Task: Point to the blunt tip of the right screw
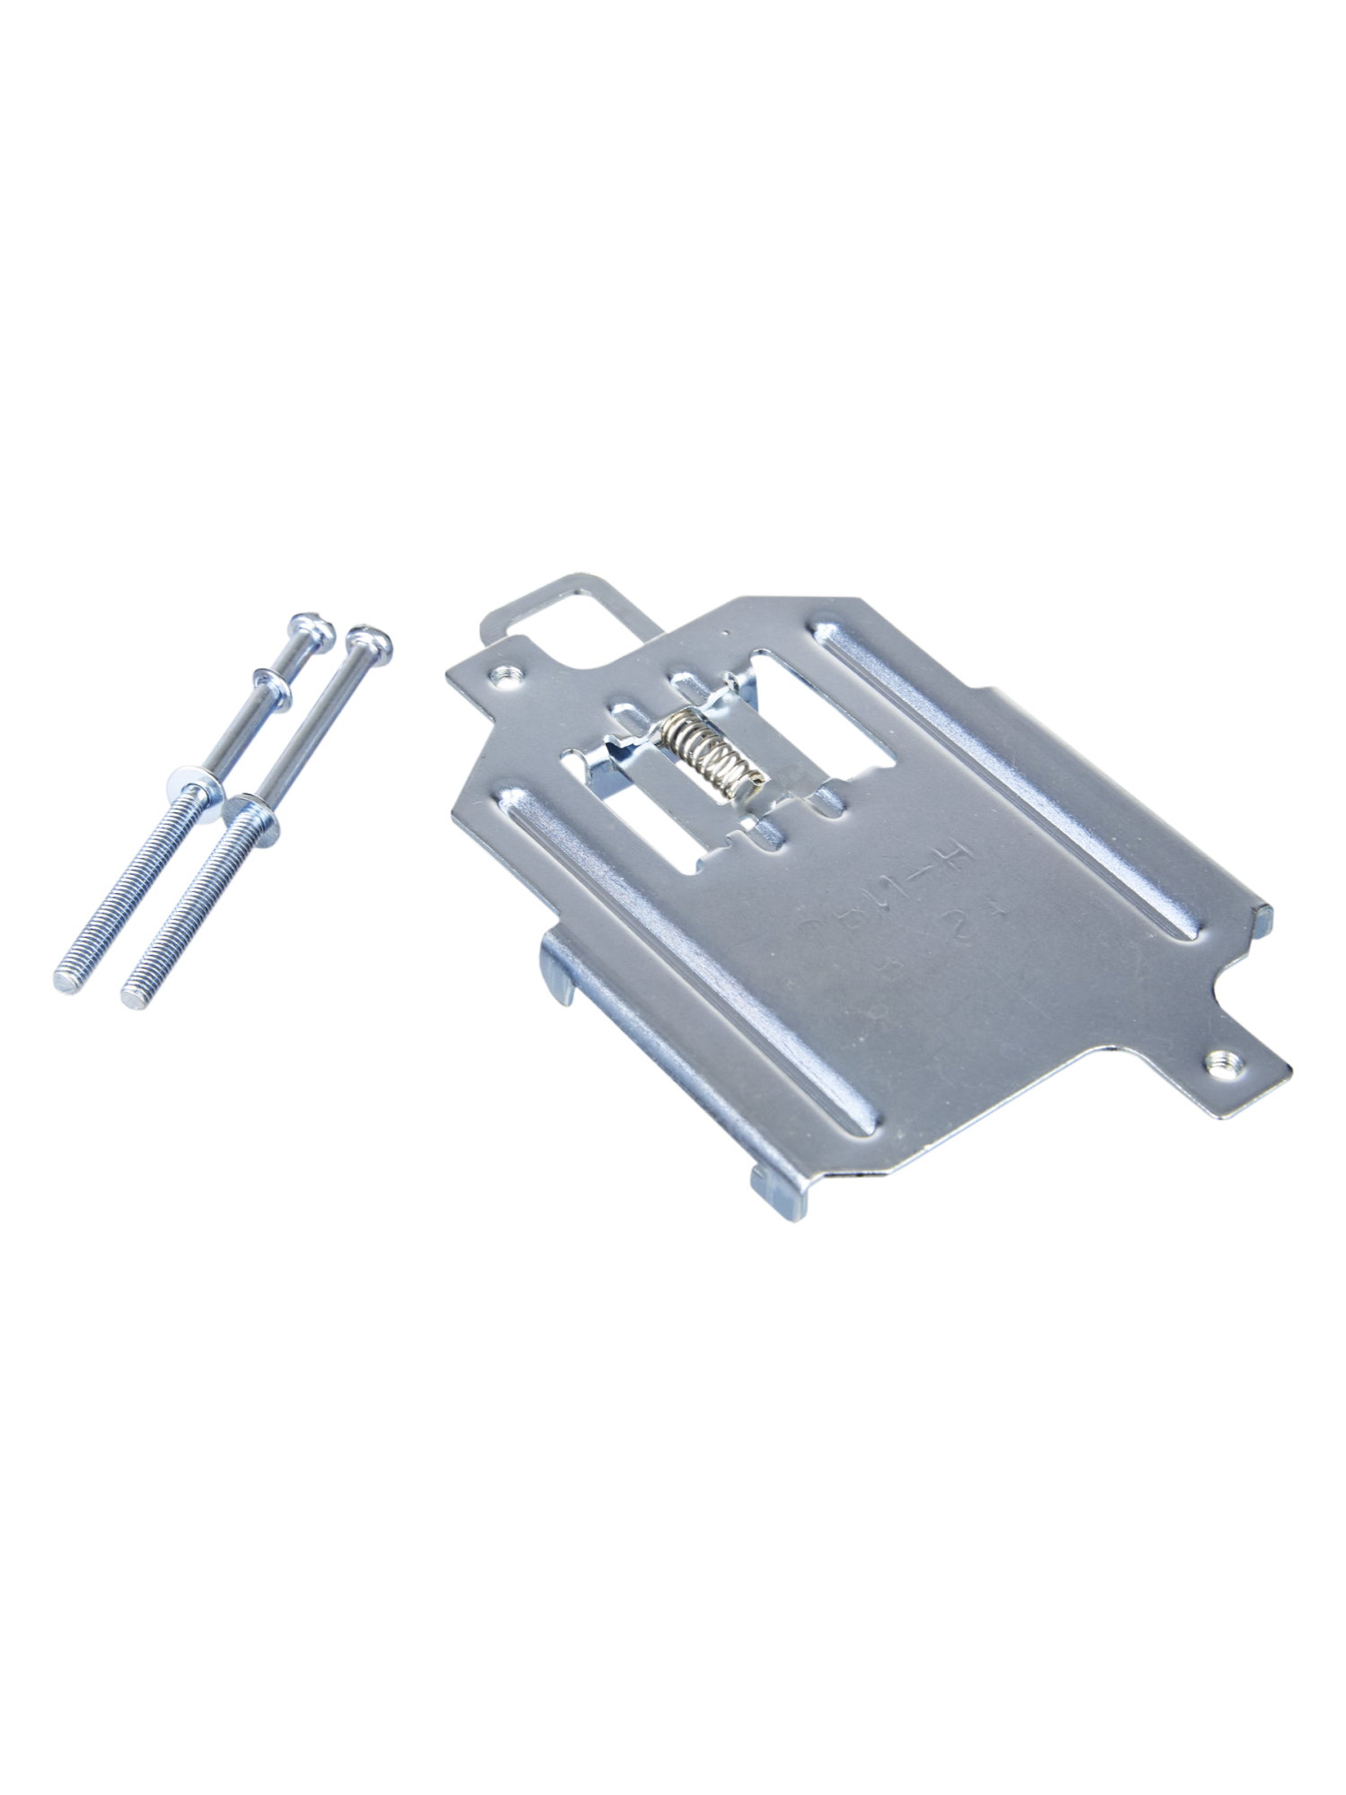[x=135, y=995]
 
